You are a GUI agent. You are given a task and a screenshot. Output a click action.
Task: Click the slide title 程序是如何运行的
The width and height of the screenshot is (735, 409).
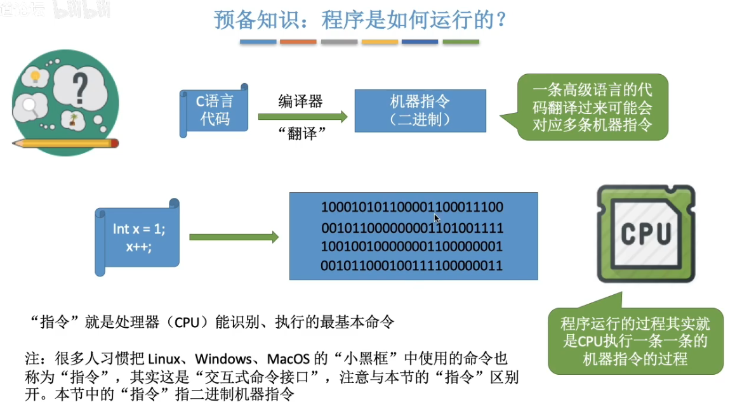click(x=361, y=20)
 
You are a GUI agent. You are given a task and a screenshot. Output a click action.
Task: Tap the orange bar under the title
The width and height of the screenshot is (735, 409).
click(x=298, y=42)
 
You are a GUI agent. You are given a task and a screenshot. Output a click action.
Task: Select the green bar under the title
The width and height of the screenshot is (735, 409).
click(x=461, y=42)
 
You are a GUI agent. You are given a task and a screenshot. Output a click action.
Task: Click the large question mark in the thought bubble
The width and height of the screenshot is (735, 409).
click(x=79, y=87)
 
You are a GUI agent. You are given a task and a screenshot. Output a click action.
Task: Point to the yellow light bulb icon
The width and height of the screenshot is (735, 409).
click(x=35, y=77)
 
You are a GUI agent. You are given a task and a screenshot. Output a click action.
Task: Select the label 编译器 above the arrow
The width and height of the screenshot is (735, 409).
click(x=300, y=101)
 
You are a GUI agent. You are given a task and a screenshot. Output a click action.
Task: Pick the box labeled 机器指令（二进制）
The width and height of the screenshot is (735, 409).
click(x=420, y=110)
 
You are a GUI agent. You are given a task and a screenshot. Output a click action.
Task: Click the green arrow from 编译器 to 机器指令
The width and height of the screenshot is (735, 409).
click(x=302, y=117)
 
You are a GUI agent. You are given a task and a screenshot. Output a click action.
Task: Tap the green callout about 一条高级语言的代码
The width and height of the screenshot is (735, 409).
click(x=592, y=107)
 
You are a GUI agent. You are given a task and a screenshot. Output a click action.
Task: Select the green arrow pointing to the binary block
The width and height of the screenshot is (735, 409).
click(x=234, y=237)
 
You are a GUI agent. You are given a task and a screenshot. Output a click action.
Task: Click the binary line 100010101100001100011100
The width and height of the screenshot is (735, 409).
click(x=412, y=207)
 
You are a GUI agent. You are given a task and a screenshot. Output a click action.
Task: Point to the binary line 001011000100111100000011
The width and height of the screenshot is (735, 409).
click(x=412, y=265)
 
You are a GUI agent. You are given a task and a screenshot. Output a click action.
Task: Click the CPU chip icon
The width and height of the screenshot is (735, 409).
click(x=645, y=233)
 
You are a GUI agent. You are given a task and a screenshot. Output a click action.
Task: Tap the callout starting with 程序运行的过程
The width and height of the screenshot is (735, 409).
click(x=635, y=341)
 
